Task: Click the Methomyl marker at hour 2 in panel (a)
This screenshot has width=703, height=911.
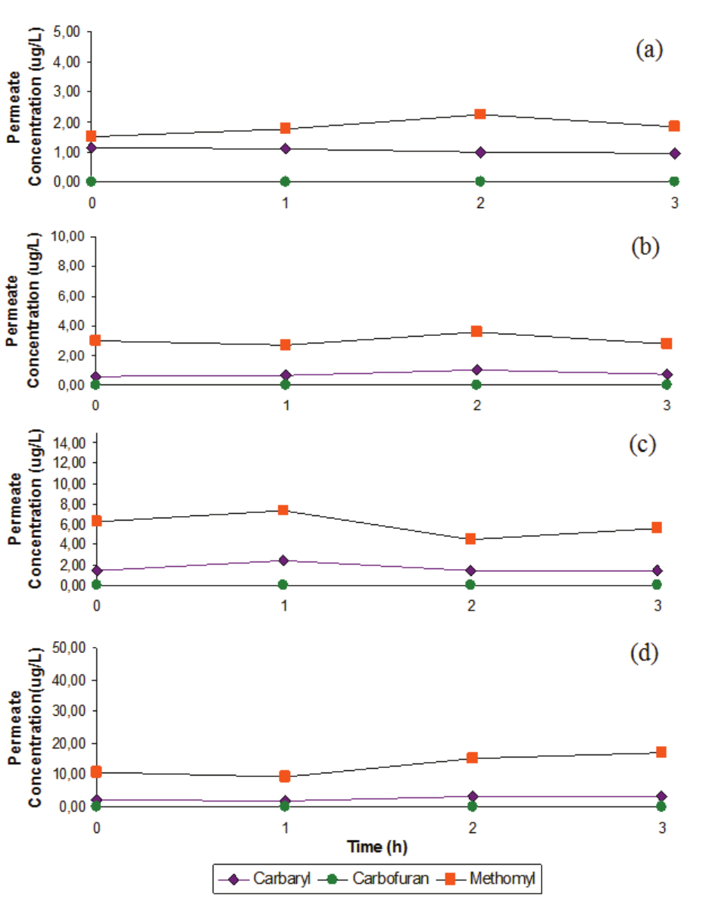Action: (480, 114)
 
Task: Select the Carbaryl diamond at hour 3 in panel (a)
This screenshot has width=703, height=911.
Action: (674, 154)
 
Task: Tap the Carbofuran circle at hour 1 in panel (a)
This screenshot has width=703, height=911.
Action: (285, 181)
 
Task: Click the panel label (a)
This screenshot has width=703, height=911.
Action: (649, 50)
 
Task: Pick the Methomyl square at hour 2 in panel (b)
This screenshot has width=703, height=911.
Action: (476, 331)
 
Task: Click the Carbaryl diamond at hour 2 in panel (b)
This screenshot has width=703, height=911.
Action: (476, 370)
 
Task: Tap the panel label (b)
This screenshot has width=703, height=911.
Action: (645, 247)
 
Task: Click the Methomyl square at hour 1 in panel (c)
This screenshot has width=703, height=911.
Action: (283, 510)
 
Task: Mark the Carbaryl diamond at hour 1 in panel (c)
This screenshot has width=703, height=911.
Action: (283, 561)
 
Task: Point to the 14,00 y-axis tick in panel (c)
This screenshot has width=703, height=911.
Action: (69, 443)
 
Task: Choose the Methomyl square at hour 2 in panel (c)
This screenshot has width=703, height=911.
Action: (470, 539)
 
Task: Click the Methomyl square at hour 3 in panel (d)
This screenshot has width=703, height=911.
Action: (661, 752)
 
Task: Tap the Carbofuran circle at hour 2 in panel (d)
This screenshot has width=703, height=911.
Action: (472, 807)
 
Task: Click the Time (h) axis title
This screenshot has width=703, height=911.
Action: (376, 844)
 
